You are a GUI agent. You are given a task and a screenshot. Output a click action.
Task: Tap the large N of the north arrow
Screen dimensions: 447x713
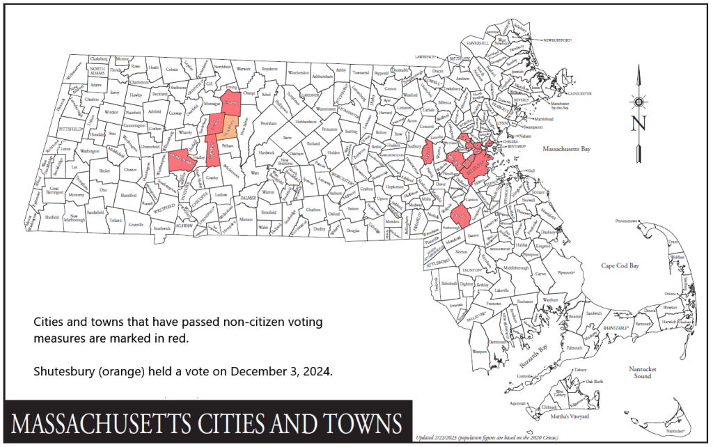pos(638,125)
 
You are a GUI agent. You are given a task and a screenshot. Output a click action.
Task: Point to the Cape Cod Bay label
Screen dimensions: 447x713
pos(626,266)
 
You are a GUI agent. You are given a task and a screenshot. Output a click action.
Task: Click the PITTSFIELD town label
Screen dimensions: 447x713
pos(72,130)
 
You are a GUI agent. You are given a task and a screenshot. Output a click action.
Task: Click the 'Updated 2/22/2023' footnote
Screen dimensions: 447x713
pos(446,438)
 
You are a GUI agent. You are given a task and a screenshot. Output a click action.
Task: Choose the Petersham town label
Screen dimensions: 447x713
pos(269,123)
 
